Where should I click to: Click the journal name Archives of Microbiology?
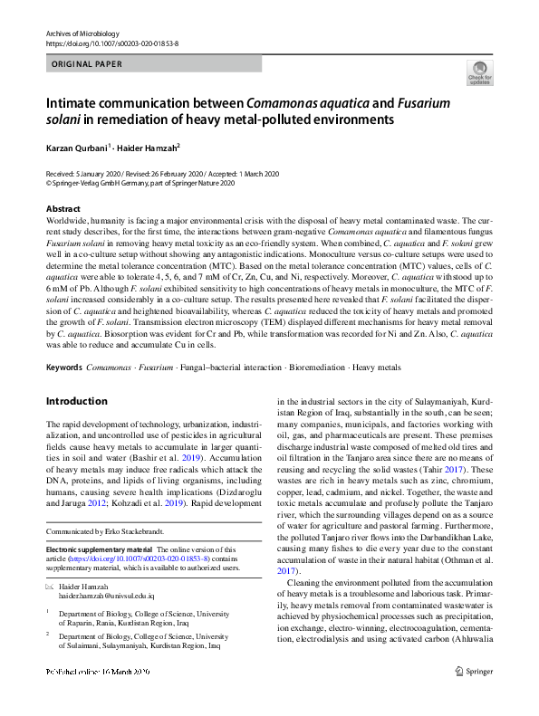83,33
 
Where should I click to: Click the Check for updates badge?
478,73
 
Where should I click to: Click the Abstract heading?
63,208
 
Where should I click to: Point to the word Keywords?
63,368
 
